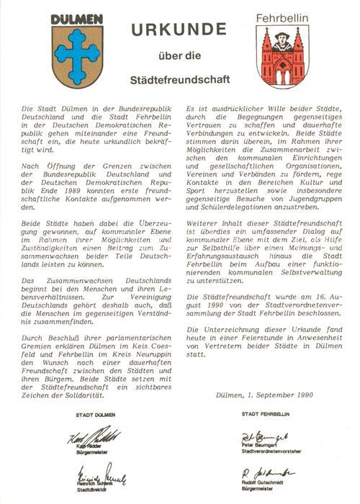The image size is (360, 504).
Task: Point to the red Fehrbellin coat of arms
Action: tap(281, 56)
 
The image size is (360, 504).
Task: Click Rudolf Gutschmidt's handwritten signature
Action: tap(266, 472)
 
